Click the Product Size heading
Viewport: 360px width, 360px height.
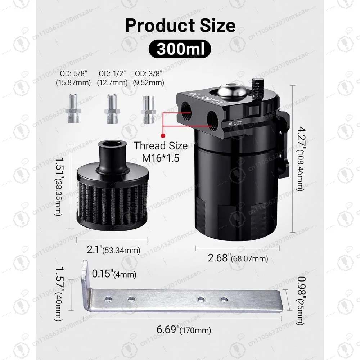(x=180, y=26)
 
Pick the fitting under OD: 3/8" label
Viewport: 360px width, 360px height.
(x=149, y=109)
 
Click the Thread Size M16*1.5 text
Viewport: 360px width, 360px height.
(x=161, y=151)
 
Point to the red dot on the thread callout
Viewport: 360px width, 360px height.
(x=163, y=136)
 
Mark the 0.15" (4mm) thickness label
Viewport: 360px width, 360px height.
(x=114, y=274)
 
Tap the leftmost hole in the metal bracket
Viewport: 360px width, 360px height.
(x=107, y=299)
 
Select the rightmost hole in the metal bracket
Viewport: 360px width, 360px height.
(x=224, y=299)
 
